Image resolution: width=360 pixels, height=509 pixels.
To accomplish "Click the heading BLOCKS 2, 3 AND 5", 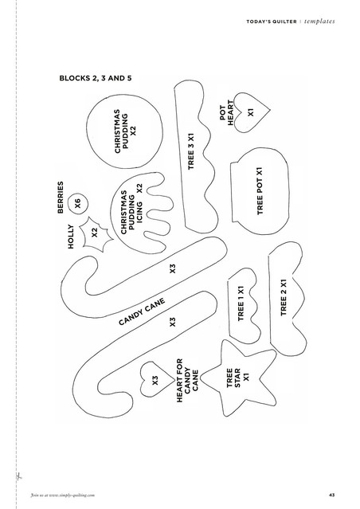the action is pyautogui.click(x=96, y=78).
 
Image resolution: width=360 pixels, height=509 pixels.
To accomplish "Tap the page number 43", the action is pyautogui.click(x=331, y=495).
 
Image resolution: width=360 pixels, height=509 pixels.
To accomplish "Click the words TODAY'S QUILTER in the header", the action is pyautogui.click(x=272, y=22).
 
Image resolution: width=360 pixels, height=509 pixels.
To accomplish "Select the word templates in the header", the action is pyautogui.click(x=319, y=22).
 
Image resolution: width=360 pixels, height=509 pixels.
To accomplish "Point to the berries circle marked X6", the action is pyautogui.click(x=78, y=205).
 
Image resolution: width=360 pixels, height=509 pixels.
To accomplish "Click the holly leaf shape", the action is pyautogui.click(x=96, y=234).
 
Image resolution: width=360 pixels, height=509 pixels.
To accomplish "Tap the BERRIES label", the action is pyautogui.click(x=61, y=198).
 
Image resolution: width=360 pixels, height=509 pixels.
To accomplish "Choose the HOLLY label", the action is pyautogui.click(x=71, y=237).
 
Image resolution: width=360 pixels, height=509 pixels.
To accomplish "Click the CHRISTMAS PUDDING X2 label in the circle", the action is pyautogui.click(x=125, y=131).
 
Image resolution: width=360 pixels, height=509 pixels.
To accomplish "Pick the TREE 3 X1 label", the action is pyautogui.click(x=191, y=151).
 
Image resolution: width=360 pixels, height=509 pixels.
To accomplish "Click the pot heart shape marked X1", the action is pyautogui.click(x=251, y=112).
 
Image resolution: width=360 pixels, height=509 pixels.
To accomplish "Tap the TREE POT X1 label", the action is pyautogui.click(x=260, y=191).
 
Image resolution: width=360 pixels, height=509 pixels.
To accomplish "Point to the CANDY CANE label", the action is pyautogui.click(x=142, y=311).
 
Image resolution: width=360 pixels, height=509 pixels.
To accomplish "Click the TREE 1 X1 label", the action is pyautogui.click(x=241, y=303).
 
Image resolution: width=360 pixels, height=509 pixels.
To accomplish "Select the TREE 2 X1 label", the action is pyautogui.click(x=284, y=297).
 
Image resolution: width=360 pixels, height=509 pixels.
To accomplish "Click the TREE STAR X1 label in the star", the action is pyautogui.click(x=237, y=378).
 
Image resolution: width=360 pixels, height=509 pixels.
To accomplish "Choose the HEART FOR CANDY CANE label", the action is pyautogui.click(x=188, y=381).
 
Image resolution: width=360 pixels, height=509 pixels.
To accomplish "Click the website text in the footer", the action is pyautogui.click(x=63, y=495).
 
